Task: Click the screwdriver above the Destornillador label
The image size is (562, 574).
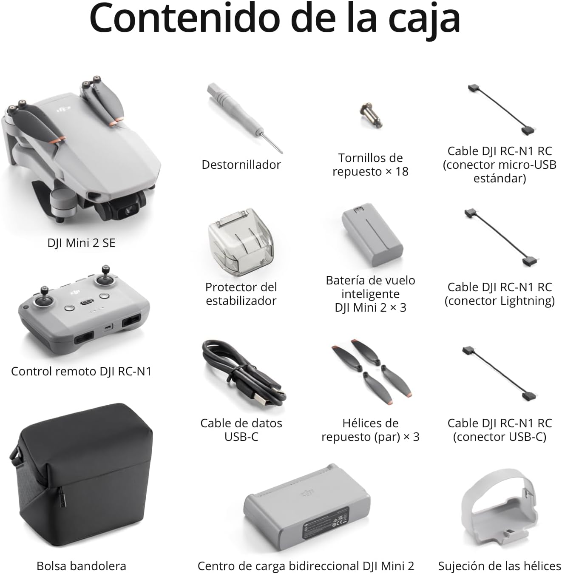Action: (x=244, y=118)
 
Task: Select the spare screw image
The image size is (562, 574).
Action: (x=371, y=116)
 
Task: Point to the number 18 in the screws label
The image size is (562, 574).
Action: (x=401, y=171)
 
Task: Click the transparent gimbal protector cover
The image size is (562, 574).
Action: (x=241, y=242)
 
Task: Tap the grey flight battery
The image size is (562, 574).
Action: (x=372, y=235)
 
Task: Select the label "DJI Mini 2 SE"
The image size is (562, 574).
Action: (x=81, y=243)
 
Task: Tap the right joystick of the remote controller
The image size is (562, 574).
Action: (x=105, y=276)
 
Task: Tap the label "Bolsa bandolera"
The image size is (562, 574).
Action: (x=81, y=565)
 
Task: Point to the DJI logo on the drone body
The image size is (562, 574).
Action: (x=64, y=110)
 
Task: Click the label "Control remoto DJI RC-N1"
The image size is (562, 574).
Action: (x=81, y=372)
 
